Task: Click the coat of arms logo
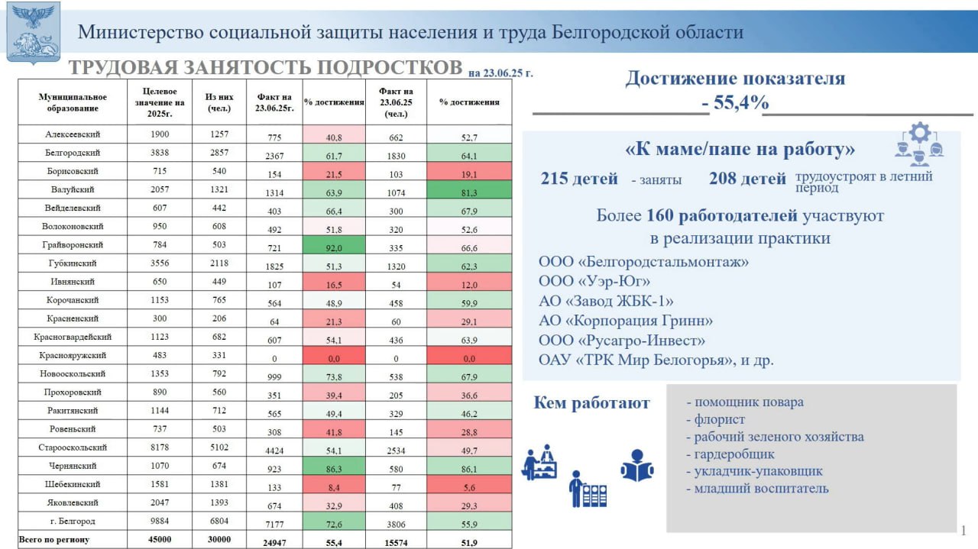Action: pos(33,33)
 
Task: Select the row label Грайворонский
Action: pos(73,245)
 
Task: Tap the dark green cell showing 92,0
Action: pos(334,245)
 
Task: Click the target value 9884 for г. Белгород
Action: pos(160,521)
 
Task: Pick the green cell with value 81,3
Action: pos(469,190)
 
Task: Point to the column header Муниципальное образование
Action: pos(73,102)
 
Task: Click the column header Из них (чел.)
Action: pos(219,102)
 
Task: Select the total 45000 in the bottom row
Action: pos(160,539)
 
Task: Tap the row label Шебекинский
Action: pos(73,484)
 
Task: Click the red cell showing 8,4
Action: pos(334,485)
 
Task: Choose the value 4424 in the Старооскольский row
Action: pos(274,451)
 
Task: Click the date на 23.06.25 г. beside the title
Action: pos(500,73)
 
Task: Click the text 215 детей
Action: pos(579,179)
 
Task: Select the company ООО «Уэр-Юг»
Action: pos(594,281)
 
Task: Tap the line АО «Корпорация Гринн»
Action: pos(625,321)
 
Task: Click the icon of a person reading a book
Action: pos(637,465)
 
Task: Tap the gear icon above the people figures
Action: pos(920,132)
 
